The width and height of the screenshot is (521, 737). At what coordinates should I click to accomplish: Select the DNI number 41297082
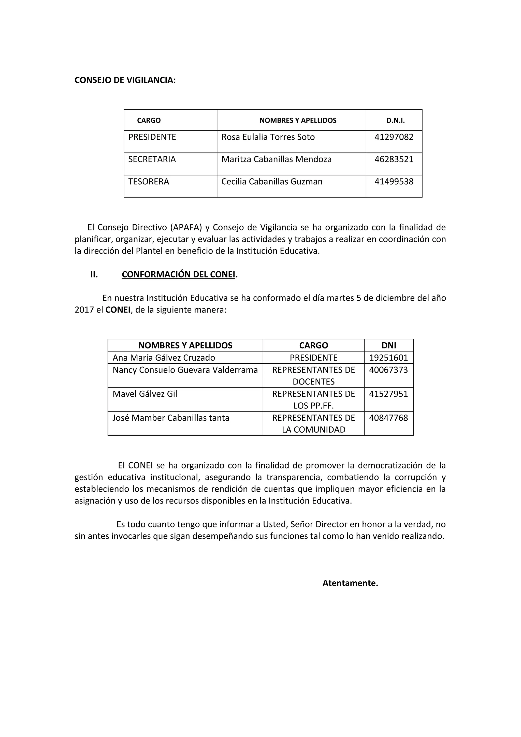pyautogui.click(x=394, y=137)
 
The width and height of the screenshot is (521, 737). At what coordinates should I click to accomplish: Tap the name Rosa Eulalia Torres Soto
pyautogui.click(x=268, y=137)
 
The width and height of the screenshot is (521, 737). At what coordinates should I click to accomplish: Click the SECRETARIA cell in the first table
pyautogui.click(x=152, y=159)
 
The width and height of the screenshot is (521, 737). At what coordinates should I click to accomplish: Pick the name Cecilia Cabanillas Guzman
pyautogui.click(x=272, y=182)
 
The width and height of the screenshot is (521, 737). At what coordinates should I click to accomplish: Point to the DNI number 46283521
pyautogui.click(x=394, y=159)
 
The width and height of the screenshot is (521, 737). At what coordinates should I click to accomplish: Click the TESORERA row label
pyautogui.click(x=148, y=182)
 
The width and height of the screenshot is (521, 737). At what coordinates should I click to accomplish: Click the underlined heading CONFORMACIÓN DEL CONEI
pyautogui.click(x=179, y=274)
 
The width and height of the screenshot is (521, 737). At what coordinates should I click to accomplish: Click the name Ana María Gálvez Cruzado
pyautogui.click(x=164, y=358)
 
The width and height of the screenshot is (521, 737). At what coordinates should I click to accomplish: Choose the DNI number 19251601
pyautogui.click(x=388, y=358)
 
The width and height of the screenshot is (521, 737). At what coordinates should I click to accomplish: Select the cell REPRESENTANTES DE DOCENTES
pyautogui.click(x=313, y=376)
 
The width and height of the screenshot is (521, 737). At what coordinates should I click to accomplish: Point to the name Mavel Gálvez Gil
pyautogui.click(x=145, y=394)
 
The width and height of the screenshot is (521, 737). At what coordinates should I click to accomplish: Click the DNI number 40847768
pyautogui.click(x=388, y=418)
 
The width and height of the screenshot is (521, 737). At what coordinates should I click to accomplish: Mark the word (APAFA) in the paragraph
pyautogui.click(x=186, y=227)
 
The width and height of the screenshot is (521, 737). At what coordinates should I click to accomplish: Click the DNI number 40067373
pyautogui.click(x=388, y=370)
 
